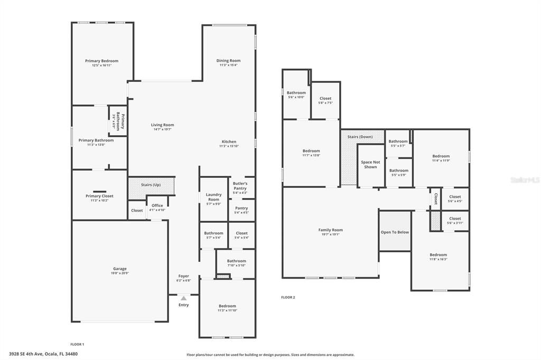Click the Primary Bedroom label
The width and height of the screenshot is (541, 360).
(x=101, y=61)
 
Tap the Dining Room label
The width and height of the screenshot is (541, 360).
(x=228, y=61)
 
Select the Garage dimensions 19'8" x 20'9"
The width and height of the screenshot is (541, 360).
(x=120, y=273)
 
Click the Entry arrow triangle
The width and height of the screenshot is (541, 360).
(x=183, y=299)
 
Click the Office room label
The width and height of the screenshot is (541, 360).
(x=157, y=205)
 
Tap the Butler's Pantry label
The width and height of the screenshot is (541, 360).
(x=240, y=186)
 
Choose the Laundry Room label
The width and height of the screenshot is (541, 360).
(x=213, y=197)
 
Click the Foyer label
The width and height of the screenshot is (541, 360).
(x=183, y=276)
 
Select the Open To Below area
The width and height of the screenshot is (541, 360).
(x=395, y=232)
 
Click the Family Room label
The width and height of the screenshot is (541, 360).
(x=330, y=230)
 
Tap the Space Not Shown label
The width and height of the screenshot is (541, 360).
(x=370, y=165)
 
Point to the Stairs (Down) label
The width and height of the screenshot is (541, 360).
(x=360, y=137)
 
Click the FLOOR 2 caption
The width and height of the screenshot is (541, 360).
(x=288, y=297)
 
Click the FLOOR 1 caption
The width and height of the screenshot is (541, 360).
(x=77, y=344)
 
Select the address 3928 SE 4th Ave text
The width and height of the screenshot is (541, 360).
(x=43, y=354)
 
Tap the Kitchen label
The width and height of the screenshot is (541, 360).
(x=229, y=141)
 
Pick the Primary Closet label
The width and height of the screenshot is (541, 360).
(x=99, y=196)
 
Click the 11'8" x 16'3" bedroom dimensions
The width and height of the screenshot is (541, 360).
(x=438, y=259)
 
